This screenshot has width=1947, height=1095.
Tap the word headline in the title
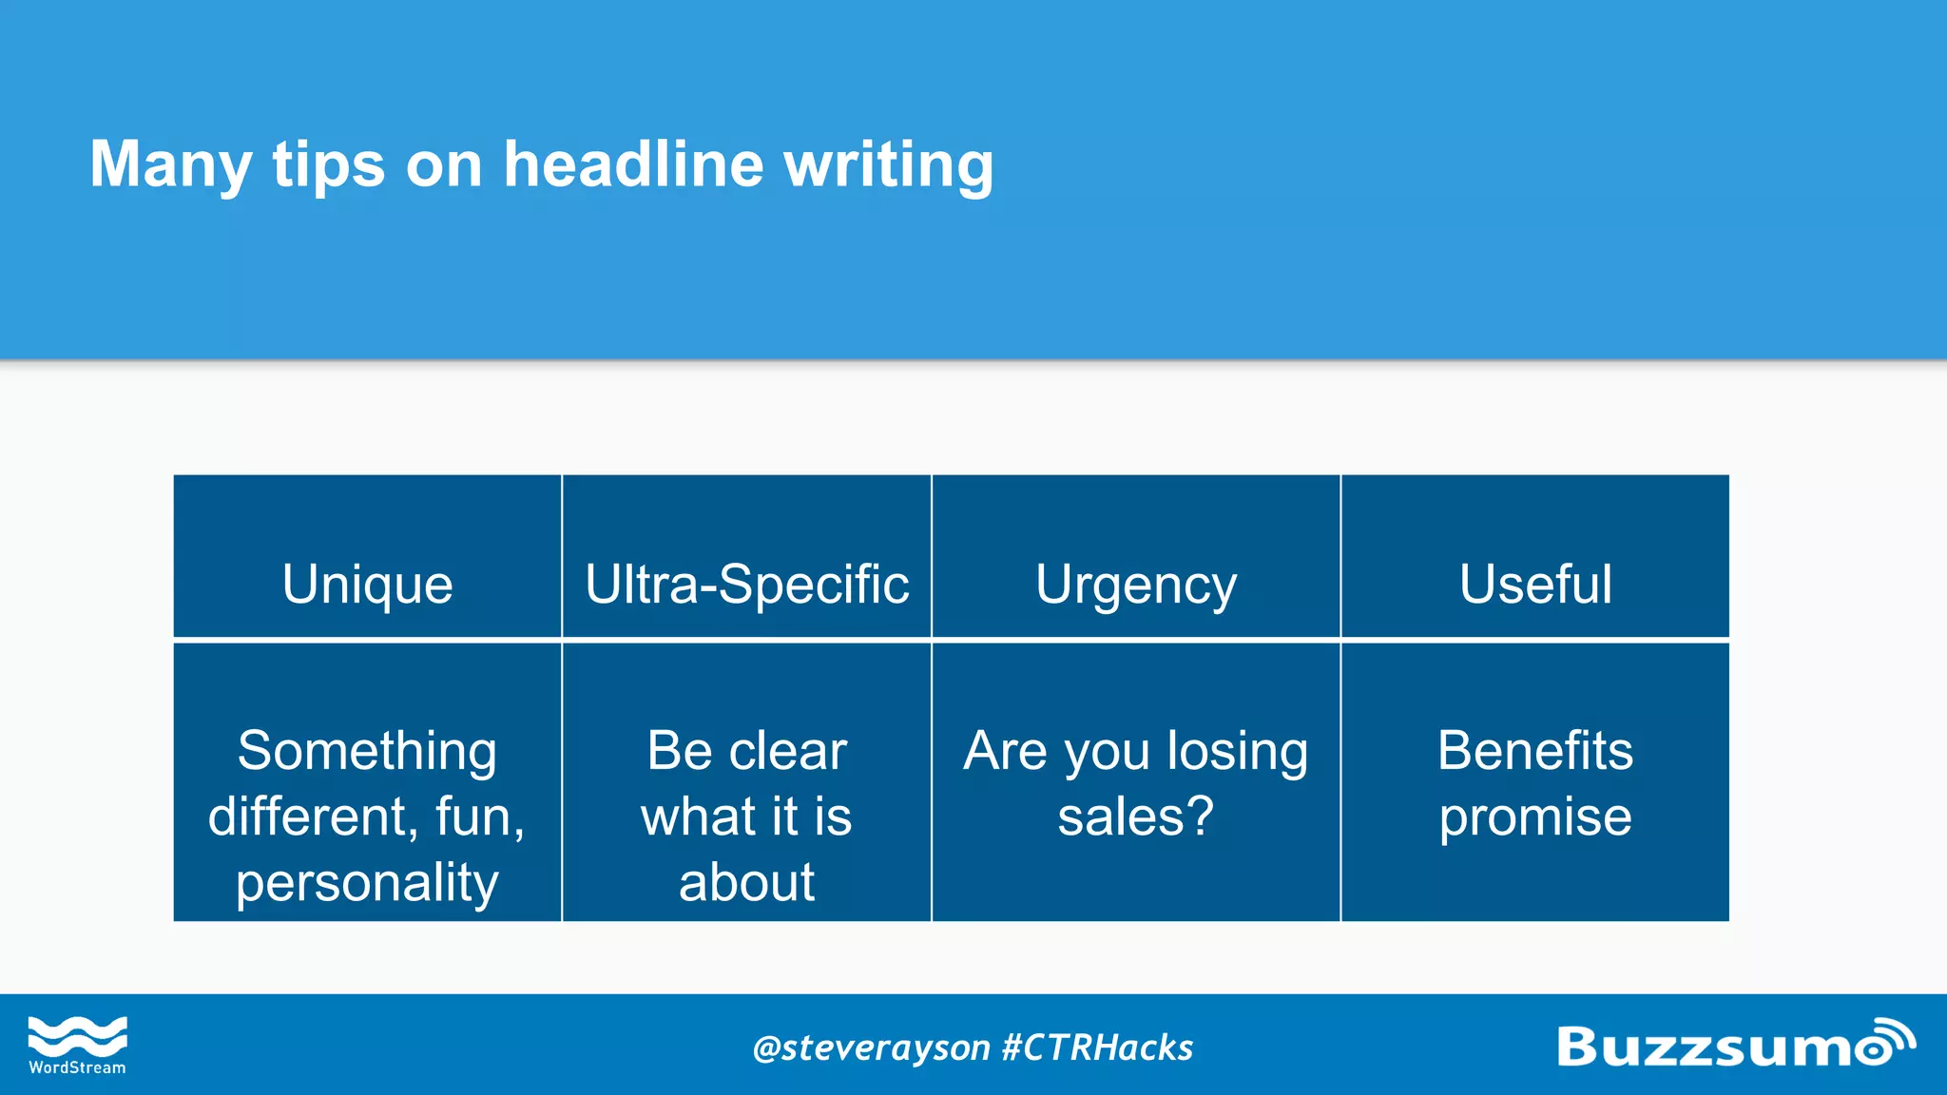pos(633,163)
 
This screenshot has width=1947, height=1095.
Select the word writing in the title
pos(889,165)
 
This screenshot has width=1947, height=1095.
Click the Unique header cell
pos(367,584)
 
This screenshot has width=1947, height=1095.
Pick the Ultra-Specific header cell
pos(746,584)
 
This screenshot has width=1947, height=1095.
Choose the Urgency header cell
pos(1136,585)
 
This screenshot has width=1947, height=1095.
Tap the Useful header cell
pos(1535,584)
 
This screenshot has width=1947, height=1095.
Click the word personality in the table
pos(367,883)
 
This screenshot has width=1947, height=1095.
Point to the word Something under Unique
pos(367,751)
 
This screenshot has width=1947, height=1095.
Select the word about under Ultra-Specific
pos(746,882)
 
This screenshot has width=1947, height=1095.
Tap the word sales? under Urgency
pos(1136,816)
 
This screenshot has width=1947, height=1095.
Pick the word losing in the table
pos(1237,751)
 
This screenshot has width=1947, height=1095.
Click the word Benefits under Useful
pos(1535,751)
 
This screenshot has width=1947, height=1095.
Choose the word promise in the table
pos(1535,816)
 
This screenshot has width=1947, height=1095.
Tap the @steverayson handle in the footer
pos(871,1047)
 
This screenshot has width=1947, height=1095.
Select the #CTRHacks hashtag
pos(1097,1047)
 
